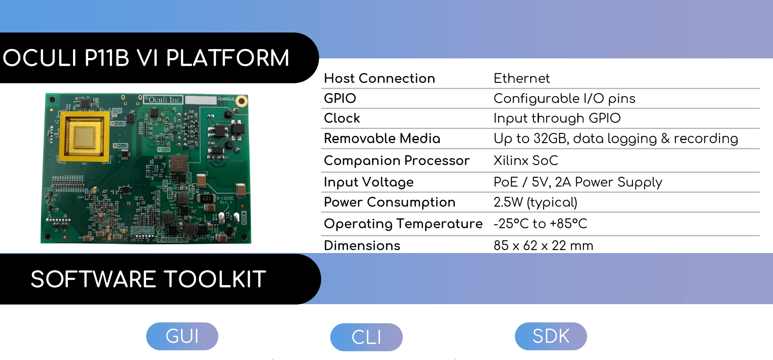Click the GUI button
[x=182, y=336]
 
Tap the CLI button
[x=366, y=337]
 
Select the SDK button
[x=551, y=336]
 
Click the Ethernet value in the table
[x=522, y=78]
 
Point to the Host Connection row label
[x=380, y=78]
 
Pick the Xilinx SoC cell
[x=526, y=161]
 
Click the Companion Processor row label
[x=397, y=161]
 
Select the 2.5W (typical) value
[x=535, y=202]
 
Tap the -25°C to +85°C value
[x=540, y=223]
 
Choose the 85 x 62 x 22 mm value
[x=543, y=245]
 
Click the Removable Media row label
[x=382, y=138]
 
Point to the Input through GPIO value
[x=557, y=118]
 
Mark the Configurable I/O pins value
[x=564, y=99]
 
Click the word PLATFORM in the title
[x=227, y=58]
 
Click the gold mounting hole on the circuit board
[x=241, y=101]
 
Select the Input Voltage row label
[x=369, y=182]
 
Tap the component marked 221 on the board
[x=207, y=198]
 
